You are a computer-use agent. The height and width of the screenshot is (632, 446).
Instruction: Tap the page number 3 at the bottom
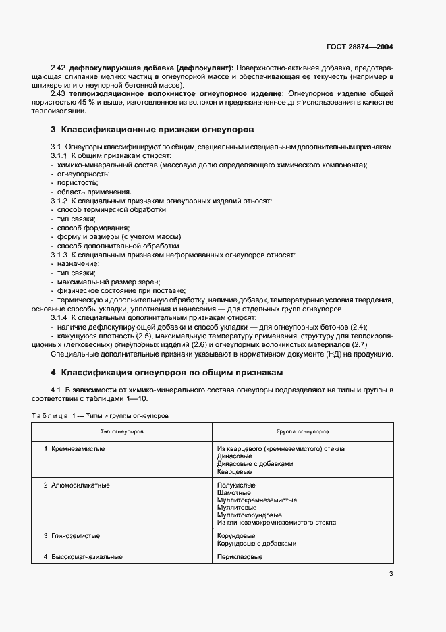click(x=391, y=574)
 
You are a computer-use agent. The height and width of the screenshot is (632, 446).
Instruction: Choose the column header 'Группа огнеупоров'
click(x=302, y=430)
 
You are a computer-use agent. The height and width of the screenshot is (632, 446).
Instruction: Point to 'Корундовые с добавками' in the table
click(x=256, y=543)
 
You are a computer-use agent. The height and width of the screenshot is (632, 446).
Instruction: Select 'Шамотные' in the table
click(x=233, y=492)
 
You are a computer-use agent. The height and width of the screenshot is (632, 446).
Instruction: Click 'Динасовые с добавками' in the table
click(x=255, y=463)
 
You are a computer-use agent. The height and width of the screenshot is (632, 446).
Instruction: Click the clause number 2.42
click(x=59, y=68)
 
